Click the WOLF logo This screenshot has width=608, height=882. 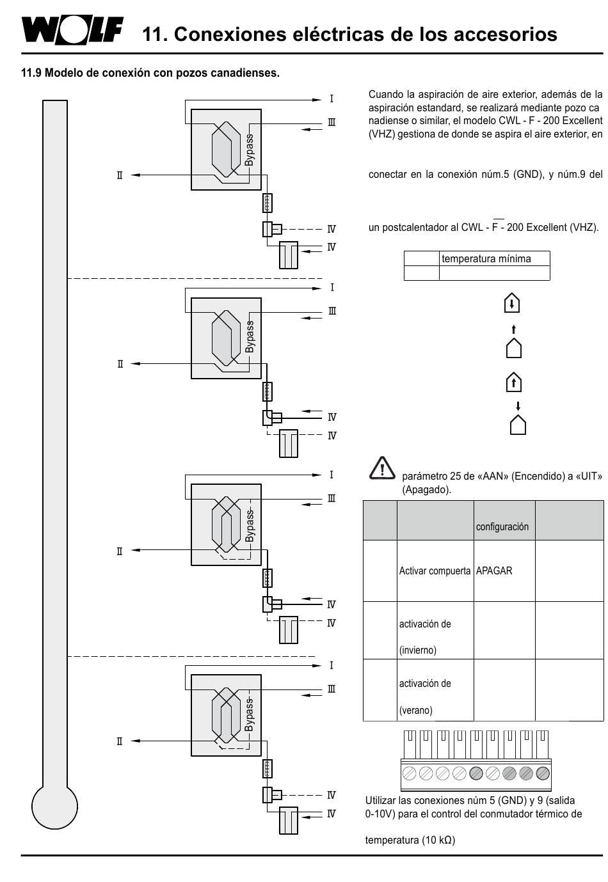tap(72, 30)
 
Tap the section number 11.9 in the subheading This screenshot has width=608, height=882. tap(31, 74)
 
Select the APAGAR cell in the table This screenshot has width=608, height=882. tap(493, 571)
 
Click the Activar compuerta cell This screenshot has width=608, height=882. tap(435, 571)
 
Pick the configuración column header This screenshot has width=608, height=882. tap(502, 527)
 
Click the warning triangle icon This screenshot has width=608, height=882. tap(382, 469)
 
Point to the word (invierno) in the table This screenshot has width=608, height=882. tap(418, 650)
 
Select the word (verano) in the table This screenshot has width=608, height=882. tap(416, 710)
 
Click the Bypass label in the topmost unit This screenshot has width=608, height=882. tap(249, 150)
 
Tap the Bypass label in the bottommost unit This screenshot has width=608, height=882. tap(249, 714)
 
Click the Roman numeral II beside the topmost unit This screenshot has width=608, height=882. tap(120, 175)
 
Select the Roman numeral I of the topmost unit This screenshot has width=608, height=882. tap(332, 99)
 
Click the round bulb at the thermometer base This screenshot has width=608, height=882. tap(55, 807)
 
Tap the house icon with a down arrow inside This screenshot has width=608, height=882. tap(511, 303)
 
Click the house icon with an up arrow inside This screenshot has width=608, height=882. tap(513, 382)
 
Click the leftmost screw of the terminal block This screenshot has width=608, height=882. tap(410, 773)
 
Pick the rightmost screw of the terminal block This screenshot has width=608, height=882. tap(543, 773)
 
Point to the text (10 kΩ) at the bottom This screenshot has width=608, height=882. tap(438, 840)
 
